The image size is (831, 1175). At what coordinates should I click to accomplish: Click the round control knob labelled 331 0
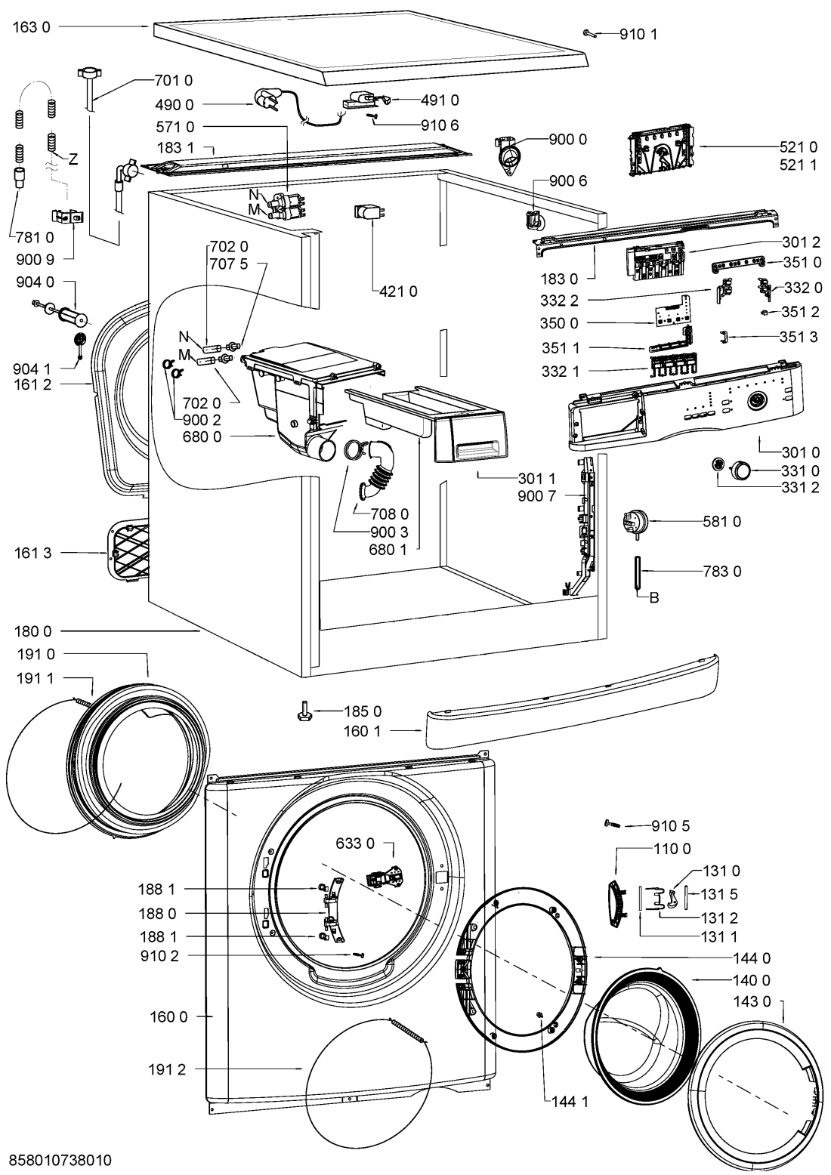[x=740, y=470]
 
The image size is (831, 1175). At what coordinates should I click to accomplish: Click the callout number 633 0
[x=360, y=843]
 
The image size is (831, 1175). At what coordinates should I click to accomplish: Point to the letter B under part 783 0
[x=654, y=598]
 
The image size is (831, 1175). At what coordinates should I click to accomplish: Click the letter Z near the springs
[x=73, y=159]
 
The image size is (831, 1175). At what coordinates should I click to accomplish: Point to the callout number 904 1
[x=32, y=369]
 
